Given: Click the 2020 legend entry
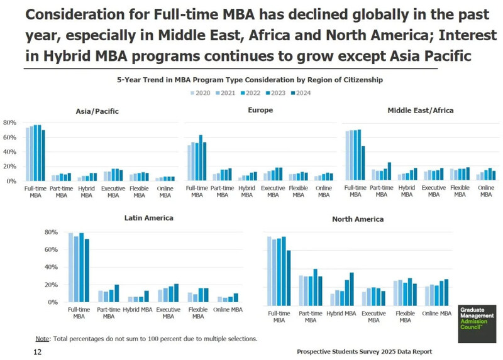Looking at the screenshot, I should click(x=200, y=93).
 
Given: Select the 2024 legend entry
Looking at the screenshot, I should click(x=300, y=93).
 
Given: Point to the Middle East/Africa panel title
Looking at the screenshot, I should click(x=420, y=111).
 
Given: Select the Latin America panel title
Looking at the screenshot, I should click(x=149, y=218).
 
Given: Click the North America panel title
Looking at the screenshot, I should click(x=358, y=219).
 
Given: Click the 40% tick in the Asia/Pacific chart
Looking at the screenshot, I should click(x=9, y=152).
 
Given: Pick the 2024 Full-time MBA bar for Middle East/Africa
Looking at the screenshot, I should click(x=363, y=163).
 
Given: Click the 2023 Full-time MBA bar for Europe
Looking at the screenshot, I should click(x=201, y=158).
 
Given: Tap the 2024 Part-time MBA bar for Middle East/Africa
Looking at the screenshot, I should click(x=389, y=172).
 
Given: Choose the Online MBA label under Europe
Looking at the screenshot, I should click(x=324, y=191).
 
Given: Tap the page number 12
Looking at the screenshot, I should click(x=37, y=353).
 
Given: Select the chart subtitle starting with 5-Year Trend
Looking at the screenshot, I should click(x=250, y=80).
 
